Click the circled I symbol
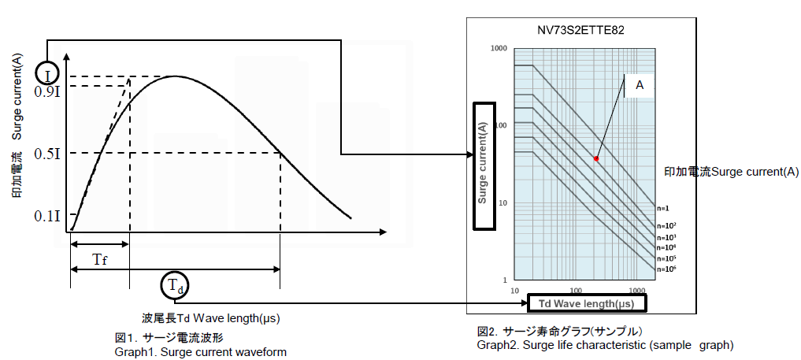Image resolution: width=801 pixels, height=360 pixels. (48, 75)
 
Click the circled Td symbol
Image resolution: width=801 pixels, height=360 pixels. (176, 287)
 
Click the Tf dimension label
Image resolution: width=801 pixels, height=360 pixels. (100, 258)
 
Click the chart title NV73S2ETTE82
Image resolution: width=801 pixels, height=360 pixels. (580, 31)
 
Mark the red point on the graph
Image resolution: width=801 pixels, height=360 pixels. (596, 159)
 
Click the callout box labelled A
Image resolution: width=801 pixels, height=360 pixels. (640, 85)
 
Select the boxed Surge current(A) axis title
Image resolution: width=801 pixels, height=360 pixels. (484, 165)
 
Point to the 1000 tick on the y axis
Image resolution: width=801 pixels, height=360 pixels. (497, 49)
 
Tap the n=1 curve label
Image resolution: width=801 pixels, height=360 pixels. (662, 209)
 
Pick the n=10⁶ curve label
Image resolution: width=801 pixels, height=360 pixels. (666, 269)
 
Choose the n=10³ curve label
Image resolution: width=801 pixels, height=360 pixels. (666, 236)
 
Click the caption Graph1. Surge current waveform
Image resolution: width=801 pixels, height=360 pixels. (200, 352)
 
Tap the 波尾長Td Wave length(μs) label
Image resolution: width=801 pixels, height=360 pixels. (211, 318)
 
